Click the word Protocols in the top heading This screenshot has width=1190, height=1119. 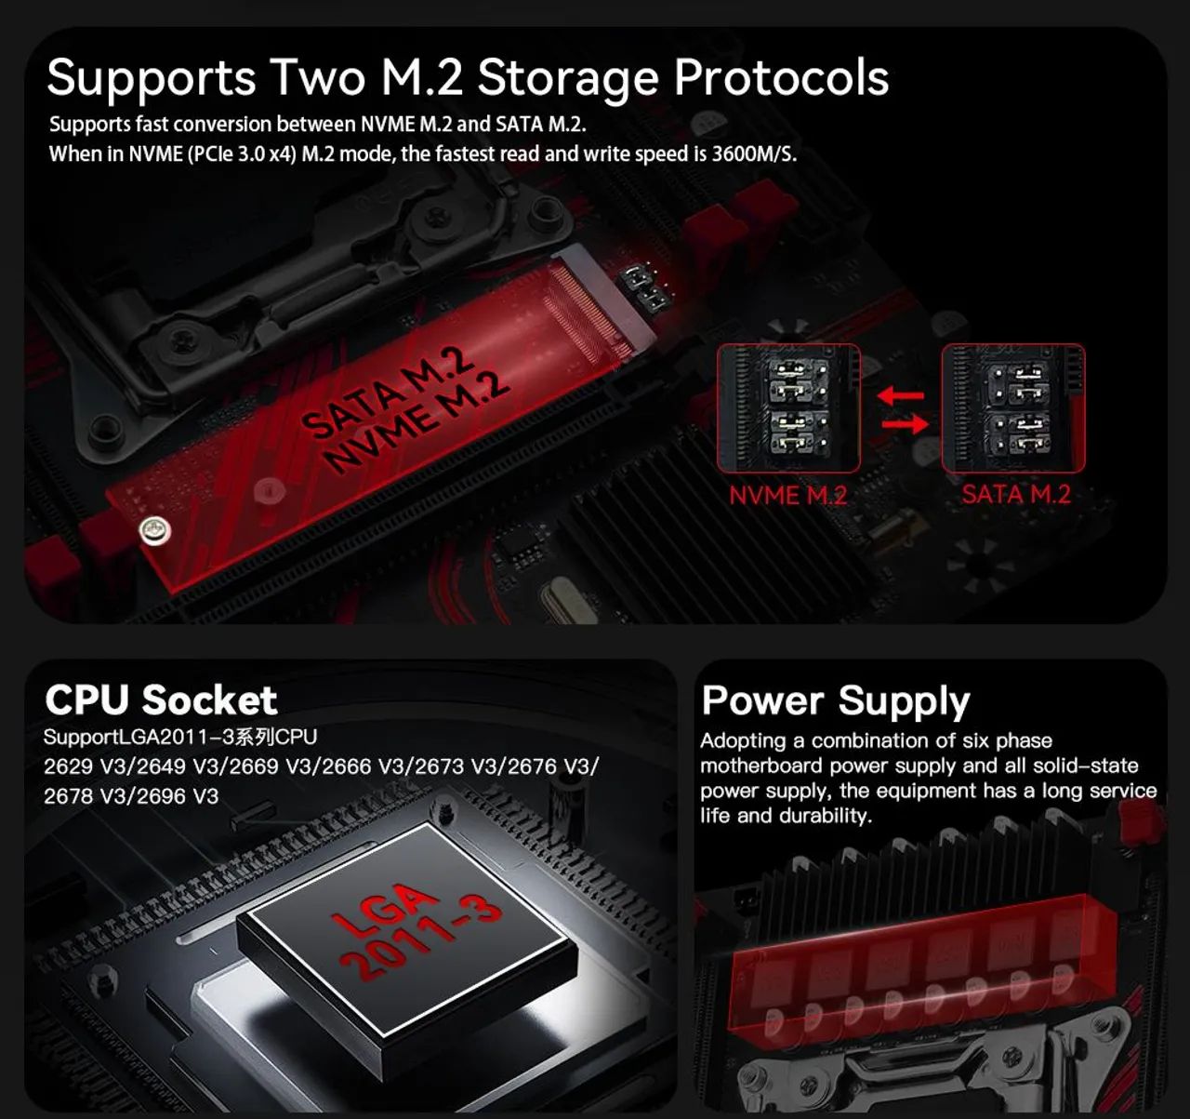(781, 78)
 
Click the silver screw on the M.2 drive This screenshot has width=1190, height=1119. (154, 530)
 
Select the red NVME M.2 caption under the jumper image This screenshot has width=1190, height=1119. (787, 495)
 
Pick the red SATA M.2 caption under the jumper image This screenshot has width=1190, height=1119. (1015, 494)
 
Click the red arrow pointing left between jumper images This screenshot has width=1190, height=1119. (900, 396)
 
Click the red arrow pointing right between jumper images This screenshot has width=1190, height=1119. (904, 425)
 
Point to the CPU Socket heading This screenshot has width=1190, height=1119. (161, 699)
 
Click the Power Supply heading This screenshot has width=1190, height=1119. (836, 700)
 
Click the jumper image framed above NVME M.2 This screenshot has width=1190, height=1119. (788, 408)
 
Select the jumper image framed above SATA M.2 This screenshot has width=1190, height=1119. (1013, 408)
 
